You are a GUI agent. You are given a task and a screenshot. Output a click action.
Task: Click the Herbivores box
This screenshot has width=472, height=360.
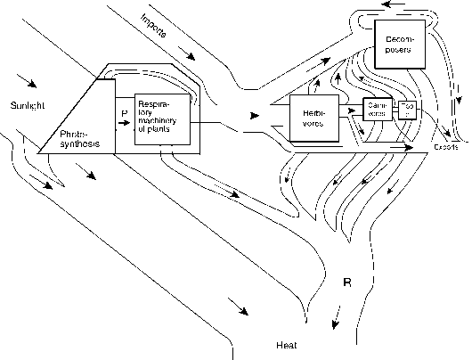[x=315, y=119]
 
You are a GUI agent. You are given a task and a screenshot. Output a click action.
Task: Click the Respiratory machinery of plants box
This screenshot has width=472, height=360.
[x=161, y=119]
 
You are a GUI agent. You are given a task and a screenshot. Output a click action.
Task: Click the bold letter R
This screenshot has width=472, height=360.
[x=348, y=283]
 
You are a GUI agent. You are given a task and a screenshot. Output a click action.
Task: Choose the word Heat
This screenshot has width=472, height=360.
[x=286, y=344]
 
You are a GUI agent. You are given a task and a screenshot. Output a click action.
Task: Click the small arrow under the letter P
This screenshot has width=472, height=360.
[x=124, y=124]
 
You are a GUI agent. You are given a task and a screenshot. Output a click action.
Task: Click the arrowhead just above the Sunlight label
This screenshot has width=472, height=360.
[x=32, y=86]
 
